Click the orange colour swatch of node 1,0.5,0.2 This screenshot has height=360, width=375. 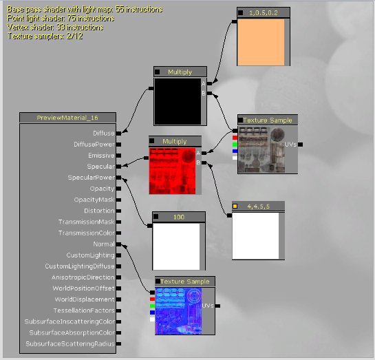pyautogui.click(x=261, y=42)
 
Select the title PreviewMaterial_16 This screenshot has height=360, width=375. pyautogui.click(x=67, y=118)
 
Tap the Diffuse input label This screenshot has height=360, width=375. pyautogui.click(x=104, y=134)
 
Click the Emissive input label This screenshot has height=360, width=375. pyautogui.click(x=101, y=156)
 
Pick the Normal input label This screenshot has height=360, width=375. pyautogui.click(x=104, y=244)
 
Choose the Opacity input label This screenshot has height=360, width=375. pyautogui.click(x=103, y=189)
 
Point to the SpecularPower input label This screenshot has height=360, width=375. pyautogui.click(x=92, y=178)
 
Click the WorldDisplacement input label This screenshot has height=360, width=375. pyautogui.click(x=85, y=299)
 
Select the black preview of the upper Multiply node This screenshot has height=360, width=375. pyautogui.click(x=178, y=101)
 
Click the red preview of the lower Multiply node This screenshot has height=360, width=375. pyautogui.click(x=172, y=171)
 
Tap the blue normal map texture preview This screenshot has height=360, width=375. pyautogui.click(x=178, y=311)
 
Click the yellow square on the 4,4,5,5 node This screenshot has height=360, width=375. pyautogui.click(x=235, y=207)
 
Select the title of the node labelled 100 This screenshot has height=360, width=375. pyautogui.click(x=179, y=217)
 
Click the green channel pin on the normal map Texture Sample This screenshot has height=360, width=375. pyautogui.click(x=152, y=306)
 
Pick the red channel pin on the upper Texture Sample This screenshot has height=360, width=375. pyautogui.click(x=235, y=138)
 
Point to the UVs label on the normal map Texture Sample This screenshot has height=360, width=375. pyautogui.click(x=208, y=306)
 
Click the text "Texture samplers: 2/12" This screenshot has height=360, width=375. pyautogui.click(x=45, y=36)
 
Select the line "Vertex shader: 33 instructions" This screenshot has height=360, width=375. pyautogui.click(x=55, y=28)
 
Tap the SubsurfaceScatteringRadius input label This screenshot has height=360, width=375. pyautogui.click(x=70, y=343)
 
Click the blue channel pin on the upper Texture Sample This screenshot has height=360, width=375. pyautogui.click(x=235, y=151)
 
